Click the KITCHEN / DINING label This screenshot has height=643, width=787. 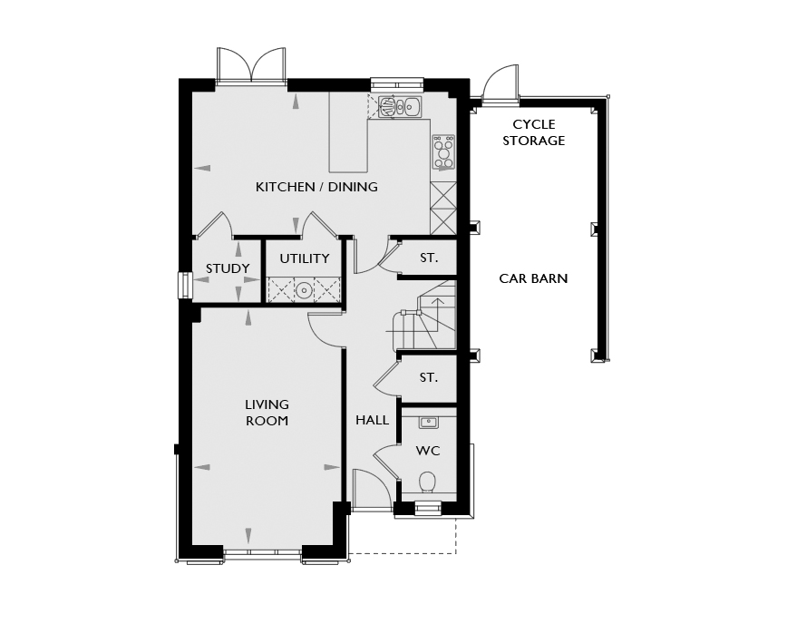coord(316,187)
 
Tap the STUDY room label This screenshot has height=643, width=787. coord(228,268)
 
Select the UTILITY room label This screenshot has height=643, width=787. coord(304,258)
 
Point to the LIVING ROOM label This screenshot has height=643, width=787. coord(267,413)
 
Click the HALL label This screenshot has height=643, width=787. coord(372,420)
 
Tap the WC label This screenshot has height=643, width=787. coord(428,451)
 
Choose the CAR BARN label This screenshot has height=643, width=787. coord(533,278)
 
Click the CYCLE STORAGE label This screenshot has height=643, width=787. coord(533,132)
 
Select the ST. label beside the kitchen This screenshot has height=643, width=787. coord(429,258)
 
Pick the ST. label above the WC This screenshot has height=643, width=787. coord(429,377)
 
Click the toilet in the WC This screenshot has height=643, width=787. coord(428,482)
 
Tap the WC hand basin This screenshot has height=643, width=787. coord(428,423)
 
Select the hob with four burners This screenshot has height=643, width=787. coord(443,152)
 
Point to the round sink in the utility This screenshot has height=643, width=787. coord(304,290)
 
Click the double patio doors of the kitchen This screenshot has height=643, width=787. coord(251,65)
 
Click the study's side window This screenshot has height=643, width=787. coord(186,285)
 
